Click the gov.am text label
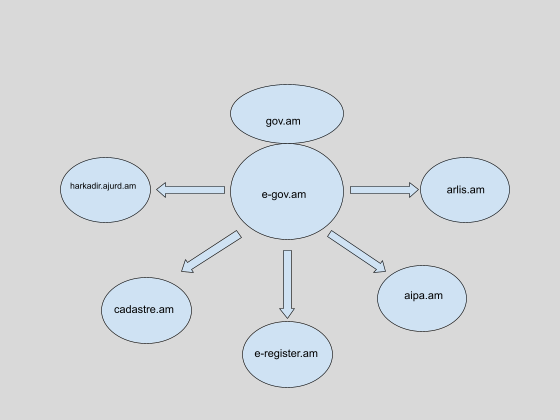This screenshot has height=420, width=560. pyautogui.click(x=283, y=122)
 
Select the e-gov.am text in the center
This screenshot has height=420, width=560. pyautogui.click(x=284, y=195)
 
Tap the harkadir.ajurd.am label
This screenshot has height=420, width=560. pyautogui.click(x=103, y=186)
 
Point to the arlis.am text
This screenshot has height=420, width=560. pyautogui.click(x=465, y=190)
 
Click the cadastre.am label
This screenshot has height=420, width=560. pyautogui.click(x=144, y=309)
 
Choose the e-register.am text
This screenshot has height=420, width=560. pyautogui.click(x=286, y=354)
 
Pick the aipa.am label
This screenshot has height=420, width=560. pyautogui.click(x=423, y=296)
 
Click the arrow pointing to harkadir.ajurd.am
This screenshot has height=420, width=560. pyautogui.click(x=190, y=190)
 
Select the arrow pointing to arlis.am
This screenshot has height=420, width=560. pyautogui.click(x=384, y=190)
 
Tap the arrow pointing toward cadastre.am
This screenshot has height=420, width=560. pyautogui.click(x=211, y=252)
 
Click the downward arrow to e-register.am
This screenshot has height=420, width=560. pyautogui.click(x=288, y=284)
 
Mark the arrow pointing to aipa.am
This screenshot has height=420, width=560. pyautogui.click(x=356, y=252)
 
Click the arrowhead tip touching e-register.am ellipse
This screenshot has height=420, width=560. pyautogui.click(x=287, y=318)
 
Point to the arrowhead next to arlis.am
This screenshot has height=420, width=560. pyautogui.click(x=414, y=190)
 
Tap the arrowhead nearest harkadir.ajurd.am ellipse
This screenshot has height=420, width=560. pyautogui.click(x=161, y=190)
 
